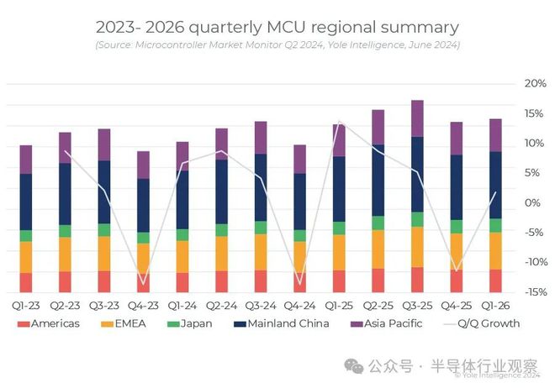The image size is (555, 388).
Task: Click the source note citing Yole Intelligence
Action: pyautogui.click(x=277, y=45)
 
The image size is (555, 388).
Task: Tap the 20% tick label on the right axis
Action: pyautogui.click(x=535, y=84)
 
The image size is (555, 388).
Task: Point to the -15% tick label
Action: pyautogui.click(x=533, y=291)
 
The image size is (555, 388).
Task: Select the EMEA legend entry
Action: pyautogui.click(x=123, y=323)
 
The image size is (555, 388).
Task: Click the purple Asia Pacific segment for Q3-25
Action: pyautogui.click(x=417, y=118)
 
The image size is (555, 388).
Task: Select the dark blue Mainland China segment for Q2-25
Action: pyautogui.click(x=378, y=181)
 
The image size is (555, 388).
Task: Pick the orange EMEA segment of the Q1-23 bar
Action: pyautogui.click(x=26, y=257)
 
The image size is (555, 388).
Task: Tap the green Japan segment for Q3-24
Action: pyautogui.click(x=261, y=228)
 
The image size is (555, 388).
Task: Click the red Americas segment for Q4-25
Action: pyautogui.click(x=456, y=281)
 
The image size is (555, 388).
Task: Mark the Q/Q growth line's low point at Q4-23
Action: pyautogui.click(x=143, y=284)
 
